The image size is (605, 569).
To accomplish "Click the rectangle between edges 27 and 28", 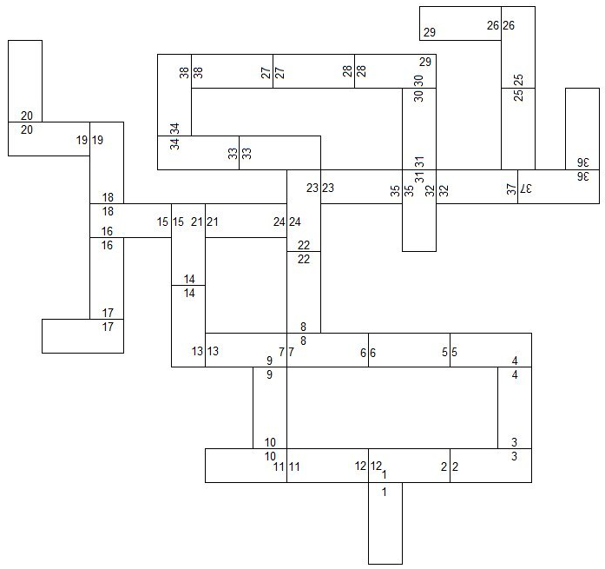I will [x=313, y=71].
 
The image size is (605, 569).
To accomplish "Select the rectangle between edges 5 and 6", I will [x=409, y=350].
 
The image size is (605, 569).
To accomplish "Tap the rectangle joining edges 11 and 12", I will [x=328, y=466].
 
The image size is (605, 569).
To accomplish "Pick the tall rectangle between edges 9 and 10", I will [x=270, y=407].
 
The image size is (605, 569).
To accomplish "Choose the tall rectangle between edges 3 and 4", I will [x=515, y=407].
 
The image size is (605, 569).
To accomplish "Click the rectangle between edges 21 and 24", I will [x=247, y=221].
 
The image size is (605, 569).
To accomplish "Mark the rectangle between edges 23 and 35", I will [x=361, y=187].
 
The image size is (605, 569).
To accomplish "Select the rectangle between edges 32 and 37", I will [x=477, y=187].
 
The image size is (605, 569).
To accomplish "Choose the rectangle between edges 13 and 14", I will [x=188, y=326].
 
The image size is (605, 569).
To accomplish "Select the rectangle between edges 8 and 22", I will [x=304, y=292].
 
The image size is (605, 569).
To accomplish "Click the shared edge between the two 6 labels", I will [x=368, y=350].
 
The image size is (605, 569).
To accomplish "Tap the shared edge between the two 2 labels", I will [x=450, y=466].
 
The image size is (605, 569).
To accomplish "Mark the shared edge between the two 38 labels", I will [x=191, y=71].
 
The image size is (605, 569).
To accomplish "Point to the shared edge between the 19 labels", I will [x=90, y=139].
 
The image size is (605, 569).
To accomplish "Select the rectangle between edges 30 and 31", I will [x=418, y=129].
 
